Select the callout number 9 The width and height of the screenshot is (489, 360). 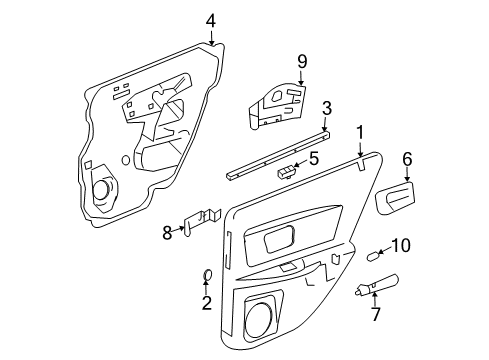[x=301, y=61]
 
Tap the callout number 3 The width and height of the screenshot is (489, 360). [x=326, y=108]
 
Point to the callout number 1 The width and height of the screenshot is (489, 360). [x=360, y=130]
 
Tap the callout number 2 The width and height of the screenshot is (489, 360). [x=206, y=304]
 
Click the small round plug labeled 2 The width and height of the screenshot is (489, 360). [x=206, y=276]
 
